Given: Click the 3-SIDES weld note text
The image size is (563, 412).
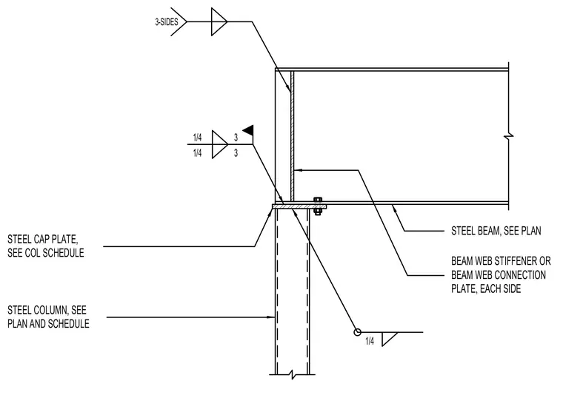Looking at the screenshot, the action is coord(167,22).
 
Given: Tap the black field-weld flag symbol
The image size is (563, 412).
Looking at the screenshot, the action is coord(248,130).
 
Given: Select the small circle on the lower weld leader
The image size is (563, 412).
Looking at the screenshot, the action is coord(357,332).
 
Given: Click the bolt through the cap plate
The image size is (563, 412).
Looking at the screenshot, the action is coord(317,206).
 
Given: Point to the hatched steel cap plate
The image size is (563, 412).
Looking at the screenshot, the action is coord(299,206).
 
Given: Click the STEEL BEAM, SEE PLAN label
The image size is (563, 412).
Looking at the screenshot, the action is coord(496,231).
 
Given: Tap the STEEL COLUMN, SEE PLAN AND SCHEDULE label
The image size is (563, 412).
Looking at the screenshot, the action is coord(48,317).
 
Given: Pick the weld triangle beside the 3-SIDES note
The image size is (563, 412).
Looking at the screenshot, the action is coord(219,22).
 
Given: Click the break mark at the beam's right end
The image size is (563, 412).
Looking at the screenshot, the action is coord(508,136).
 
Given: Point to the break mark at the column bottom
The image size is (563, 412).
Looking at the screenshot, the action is coord(293,375).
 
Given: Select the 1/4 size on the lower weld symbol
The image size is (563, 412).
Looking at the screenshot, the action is coord(370,341).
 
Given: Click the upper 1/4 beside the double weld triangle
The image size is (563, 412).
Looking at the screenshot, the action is coord(197,138).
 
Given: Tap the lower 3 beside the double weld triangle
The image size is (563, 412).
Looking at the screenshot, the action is coord(236,153).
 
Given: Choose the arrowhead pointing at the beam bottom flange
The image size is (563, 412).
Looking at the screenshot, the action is coord(394,208).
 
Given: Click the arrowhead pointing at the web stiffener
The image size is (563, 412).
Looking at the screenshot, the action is coord(297,170).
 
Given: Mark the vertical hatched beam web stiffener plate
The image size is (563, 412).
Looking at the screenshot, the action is coord(293,136).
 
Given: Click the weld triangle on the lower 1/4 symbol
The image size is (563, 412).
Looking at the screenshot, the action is coord(388,339).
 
